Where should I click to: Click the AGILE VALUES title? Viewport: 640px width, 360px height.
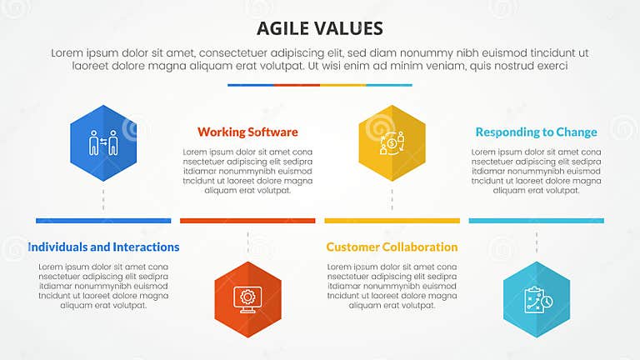320,27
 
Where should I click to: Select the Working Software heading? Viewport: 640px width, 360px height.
247,132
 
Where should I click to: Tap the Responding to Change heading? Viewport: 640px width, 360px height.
536,132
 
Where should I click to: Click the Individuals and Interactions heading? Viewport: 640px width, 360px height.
103,247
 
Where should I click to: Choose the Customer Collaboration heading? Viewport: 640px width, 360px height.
392,247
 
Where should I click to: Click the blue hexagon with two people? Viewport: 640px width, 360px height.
103,143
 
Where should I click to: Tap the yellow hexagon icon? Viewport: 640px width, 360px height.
392,143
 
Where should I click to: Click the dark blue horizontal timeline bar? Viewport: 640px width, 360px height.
103,221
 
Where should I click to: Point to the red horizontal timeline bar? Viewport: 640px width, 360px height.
247,221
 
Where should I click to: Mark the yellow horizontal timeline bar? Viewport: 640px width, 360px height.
392,221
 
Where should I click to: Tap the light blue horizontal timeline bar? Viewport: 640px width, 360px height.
536,221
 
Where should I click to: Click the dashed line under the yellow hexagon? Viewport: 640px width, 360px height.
392,200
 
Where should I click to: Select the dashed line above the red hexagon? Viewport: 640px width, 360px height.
247,242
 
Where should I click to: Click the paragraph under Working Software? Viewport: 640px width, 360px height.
247,171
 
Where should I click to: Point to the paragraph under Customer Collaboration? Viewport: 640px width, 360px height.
392,285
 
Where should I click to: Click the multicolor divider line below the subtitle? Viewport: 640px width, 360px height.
320,85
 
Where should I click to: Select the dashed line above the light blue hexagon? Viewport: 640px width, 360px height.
536,242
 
